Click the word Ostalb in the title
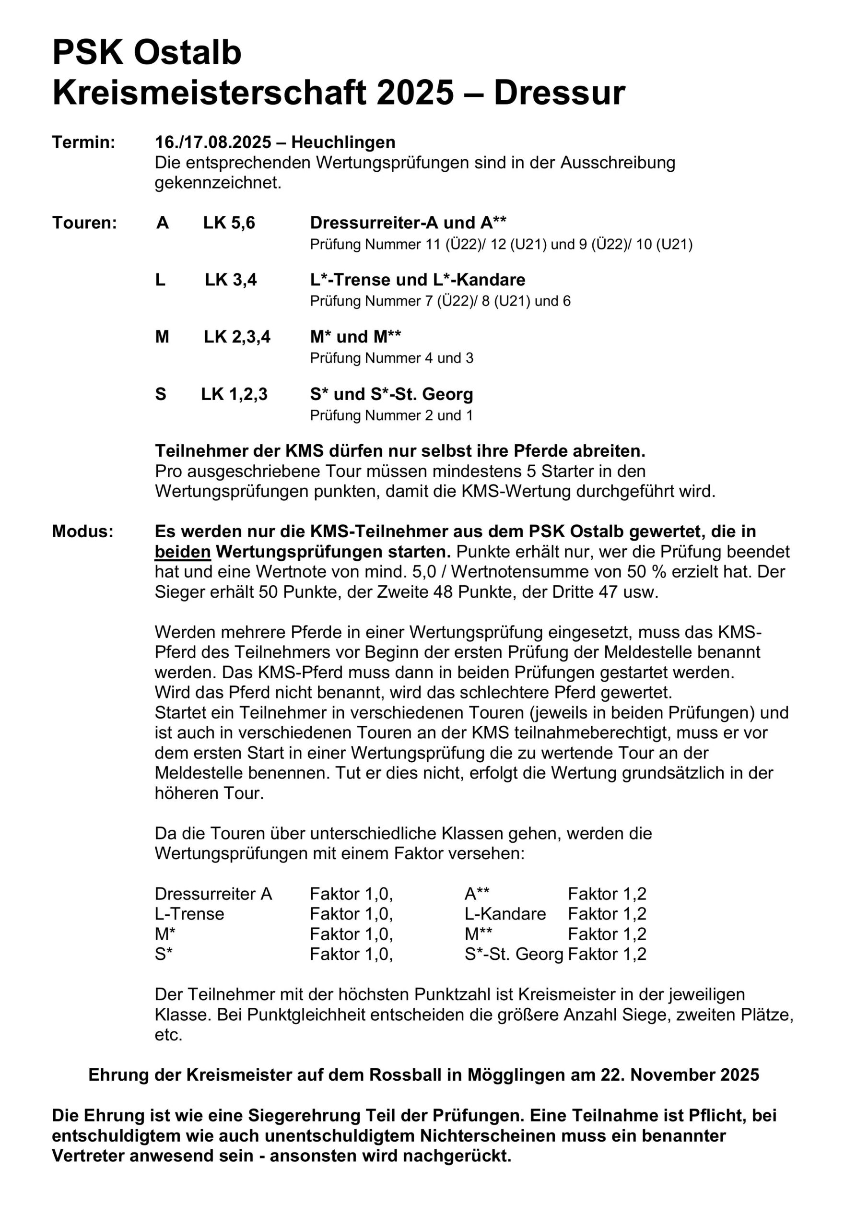coord(187,53)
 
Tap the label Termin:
coord(83,142)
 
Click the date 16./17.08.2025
coord(213,142)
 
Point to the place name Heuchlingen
coord(343,142)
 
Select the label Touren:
coord(84,223)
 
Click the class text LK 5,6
coord(229,223)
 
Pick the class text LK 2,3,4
coord(237,336)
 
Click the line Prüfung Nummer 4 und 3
coord(391,358)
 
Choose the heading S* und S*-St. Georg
coord(391,394)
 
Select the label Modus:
coord(83,531)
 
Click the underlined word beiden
coord(182,552)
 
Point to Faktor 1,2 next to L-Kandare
coord(607,913)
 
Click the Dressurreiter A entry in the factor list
coord(213,894)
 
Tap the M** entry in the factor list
coord(478,934)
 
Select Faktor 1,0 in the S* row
coord(351,954)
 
